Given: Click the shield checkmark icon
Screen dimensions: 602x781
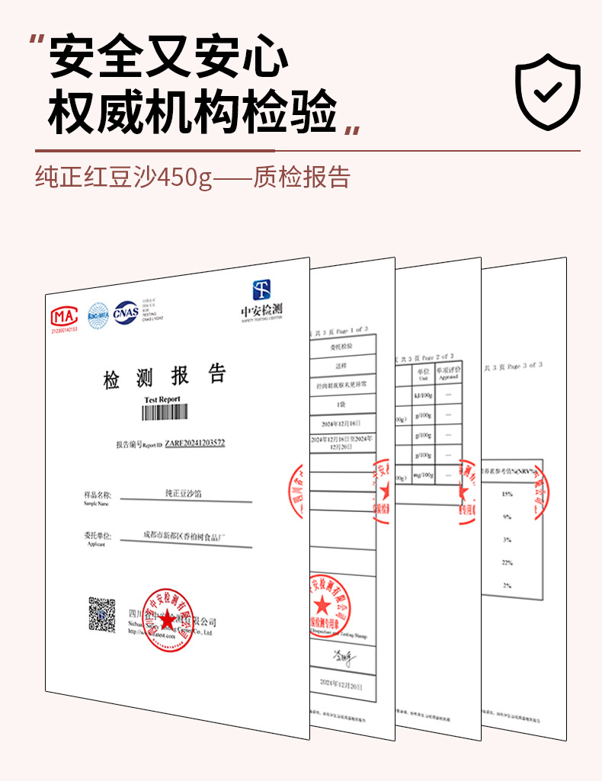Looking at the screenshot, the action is (548, 91).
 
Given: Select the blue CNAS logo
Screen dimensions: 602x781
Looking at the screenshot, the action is (126, 311).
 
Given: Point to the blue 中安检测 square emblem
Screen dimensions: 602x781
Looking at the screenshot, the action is (262, 289).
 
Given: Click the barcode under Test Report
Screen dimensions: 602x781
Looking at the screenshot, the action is (164, 412).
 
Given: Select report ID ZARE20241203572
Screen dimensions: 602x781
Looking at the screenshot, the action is (195, 443).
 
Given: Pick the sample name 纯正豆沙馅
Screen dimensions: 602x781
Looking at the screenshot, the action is (184, 494).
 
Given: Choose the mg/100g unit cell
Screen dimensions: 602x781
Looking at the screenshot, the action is (424, 474).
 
